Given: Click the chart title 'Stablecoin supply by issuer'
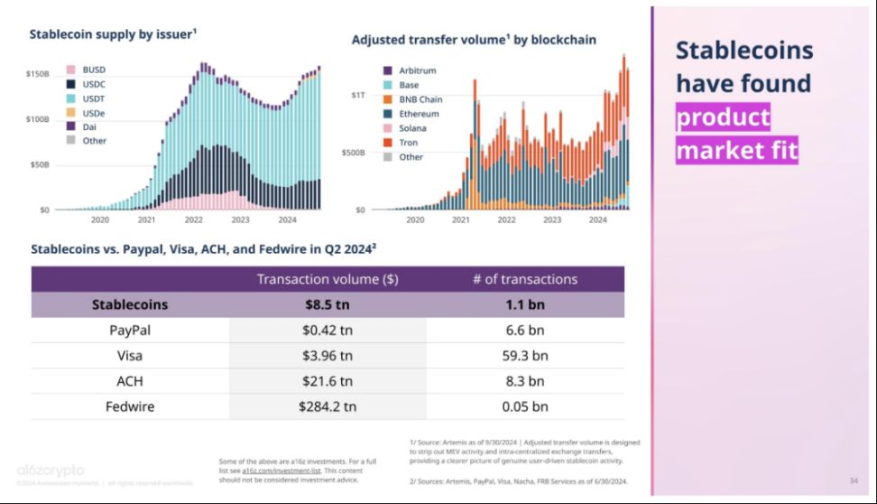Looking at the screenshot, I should click(113, 34).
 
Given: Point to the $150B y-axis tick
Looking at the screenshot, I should click(37, 73).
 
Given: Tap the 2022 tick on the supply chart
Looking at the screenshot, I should click(193, 219).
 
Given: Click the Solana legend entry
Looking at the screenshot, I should click(413, 128).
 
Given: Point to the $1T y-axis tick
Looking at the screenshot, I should click(358, 95).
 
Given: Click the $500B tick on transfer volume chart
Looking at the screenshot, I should click(353, 153).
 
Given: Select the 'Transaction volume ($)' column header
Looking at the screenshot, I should click(328, 279).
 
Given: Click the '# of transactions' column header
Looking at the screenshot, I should click(524, 279).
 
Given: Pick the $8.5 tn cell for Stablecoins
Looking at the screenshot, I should click(328, 304).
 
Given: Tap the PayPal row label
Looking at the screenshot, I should click(130, 331).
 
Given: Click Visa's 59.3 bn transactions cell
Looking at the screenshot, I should click(524, 356).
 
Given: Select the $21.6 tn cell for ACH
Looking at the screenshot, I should click(328, 381).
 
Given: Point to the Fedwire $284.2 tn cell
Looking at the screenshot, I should click(328, 406).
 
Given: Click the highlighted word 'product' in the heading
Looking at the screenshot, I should click(723, 117).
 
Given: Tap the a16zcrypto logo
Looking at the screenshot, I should click(51, 471).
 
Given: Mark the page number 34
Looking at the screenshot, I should click(853, 480).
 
